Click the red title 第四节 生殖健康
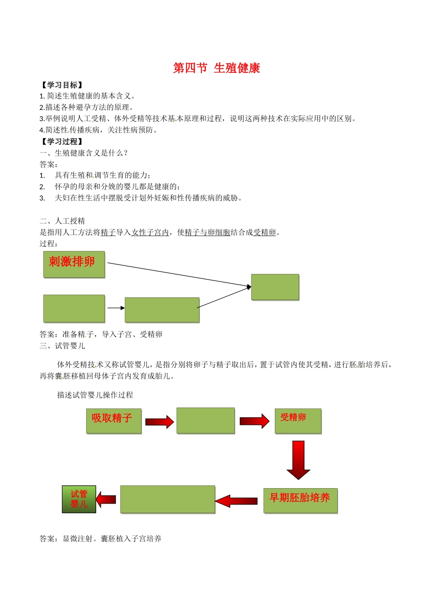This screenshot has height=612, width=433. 216,68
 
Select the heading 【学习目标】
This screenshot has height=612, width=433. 62,85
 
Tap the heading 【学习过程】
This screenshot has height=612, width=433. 62,142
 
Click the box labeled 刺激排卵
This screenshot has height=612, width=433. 74,265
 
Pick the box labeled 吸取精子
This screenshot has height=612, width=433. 113,421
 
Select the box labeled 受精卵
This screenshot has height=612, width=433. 298,421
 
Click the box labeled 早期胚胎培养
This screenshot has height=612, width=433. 300,501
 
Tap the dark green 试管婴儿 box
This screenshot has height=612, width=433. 79,500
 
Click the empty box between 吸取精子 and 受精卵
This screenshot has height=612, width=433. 205,421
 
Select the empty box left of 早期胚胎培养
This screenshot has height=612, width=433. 167,500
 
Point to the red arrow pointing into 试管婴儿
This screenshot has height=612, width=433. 106,500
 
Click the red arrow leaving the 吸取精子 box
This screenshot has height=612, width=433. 160,422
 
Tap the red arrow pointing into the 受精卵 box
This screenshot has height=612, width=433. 254,421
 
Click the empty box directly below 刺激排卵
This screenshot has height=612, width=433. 74,309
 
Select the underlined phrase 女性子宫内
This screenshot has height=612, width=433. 150,233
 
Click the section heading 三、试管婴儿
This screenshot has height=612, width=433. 62,346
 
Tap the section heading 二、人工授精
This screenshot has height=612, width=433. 62,221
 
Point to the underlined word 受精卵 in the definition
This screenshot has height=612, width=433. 265,233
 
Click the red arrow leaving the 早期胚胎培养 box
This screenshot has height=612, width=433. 236,501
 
